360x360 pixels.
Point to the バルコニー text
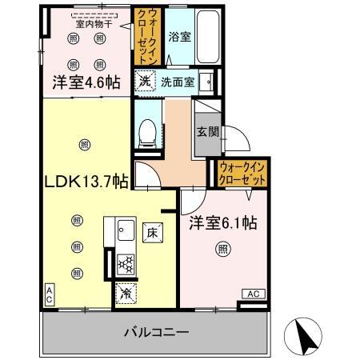157,330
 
